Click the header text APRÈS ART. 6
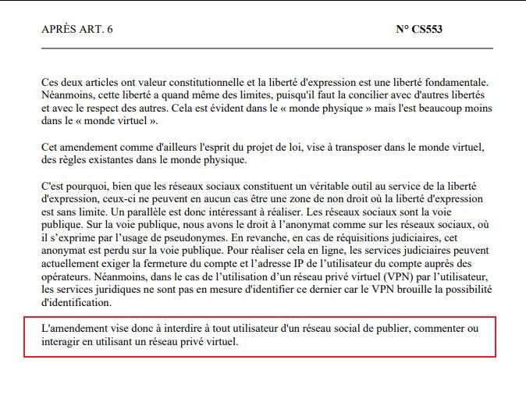click(77, 30)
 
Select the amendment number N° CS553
click(420, 30)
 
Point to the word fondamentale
click(457, 82)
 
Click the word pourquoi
click(84, 187)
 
